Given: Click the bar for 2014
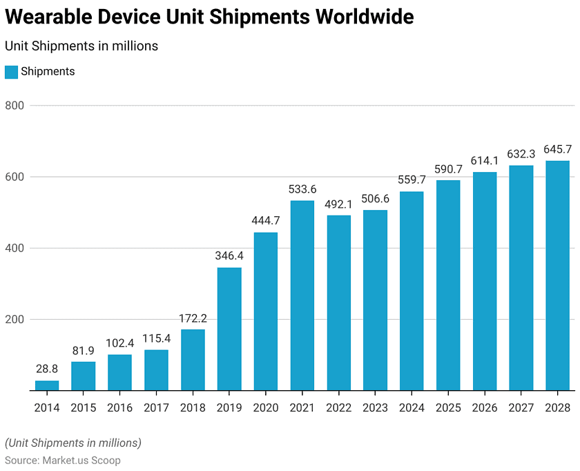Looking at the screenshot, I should pos(47,385).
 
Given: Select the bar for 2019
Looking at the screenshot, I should pos(229,329).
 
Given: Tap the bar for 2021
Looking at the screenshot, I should pos(302,296).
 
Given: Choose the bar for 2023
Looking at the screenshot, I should pos(375,300).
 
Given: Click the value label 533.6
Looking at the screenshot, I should pos(302,189).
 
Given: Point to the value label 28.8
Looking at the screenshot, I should pos(47,369).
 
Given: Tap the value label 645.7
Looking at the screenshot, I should pos(557,149).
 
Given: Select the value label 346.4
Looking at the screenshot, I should pos(229,256).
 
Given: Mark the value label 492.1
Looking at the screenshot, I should pos(338,204).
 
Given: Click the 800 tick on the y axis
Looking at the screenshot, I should pos(15,106).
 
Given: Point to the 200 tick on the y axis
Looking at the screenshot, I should pos(15,320).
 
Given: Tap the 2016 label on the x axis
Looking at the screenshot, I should pos(119,408).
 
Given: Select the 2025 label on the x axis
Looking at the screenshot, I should pos(447,408).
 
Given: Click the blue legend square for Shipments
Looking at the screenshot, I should pos(11,72).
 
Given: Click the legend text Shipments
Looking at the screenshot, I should pos(48,72).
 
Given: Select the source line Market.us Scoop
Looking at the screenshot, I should pos(63,460).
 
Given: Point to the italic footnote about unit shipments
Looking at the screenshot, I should pos(73,443).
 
